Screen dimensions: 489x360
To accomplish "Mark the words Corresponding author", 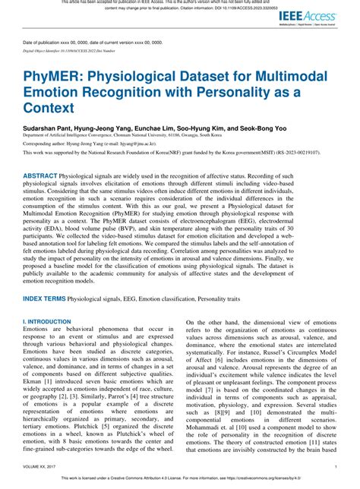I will (46, 141).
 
